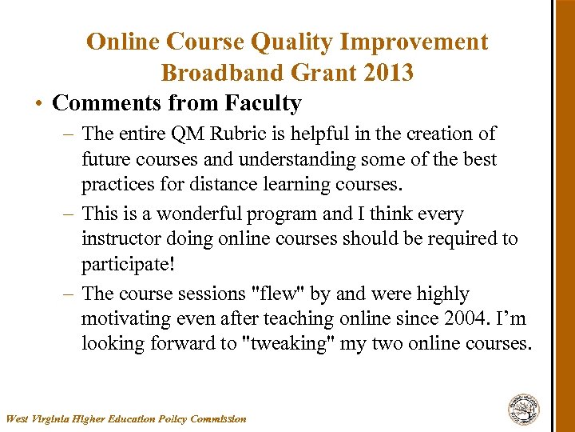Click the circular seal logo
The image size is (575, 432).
pyautogui.click(x=524, y=409)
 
